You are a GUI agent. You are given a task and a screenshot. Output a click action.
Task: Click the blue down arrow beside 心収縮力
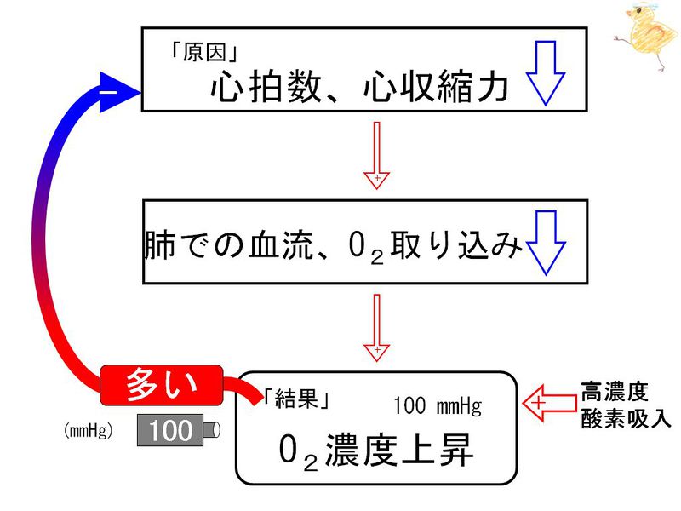pos(544,72)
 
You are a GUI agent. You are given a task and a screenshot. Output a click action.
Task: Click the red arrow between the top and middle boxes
pos(375,153)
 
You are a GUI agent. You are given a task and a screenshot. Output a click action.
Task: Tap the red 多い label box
pos(162,386)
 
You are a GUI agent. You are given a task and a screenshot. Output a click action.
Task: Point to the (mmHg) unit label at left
pos(89,431)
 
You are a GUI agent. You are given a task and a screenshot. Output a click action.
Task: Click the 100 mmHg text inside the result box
pos(437,405)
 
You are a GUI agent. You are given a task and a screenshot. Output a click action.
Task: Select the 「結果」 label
pos(296,400)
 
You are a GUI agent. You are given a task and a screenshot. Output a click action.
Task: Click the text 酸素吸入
pos(627,420)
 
